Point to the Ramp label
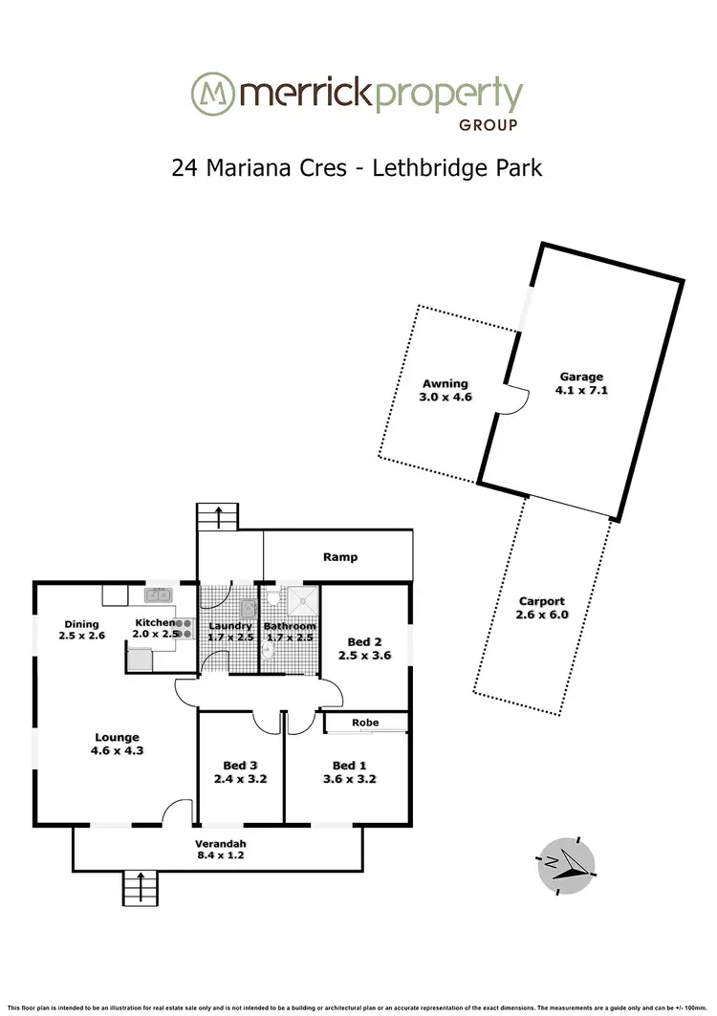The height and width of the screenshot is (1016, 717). click(x=339, y=556)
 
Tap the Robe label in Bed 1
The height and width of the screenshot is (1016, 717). click(x=363, y=724)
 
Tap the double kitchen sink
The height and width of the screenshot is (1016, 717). click(x=157, y=595)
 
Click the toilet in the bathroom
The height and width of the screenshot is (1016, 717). click(x=269, y=651)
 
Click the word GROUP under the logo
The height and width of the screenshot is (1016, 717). click(x=489, y=125)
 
